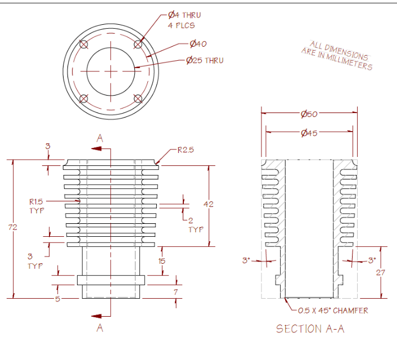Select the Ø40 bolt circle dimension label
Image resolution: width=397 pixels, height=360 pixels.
pos(198,44)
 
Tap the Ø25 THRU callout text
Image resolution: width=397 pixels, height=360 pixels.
pos(205,60)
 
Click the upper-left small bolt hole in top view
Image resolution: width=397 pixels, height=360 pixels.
pos(84,44)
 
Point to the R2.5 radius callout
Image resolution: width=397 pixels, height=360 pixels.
pos(186,150)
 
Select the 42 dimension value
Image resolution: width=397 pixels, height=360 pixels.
pos(208,204)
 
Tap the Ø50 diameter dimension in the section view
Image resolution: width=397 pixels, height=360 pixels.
pos(309,114)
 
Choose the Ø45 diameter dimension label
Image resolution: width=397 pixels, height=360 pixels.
pos(309,133)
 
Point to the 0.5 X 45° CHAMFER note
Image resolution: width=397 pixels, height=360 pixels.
pos(333,310)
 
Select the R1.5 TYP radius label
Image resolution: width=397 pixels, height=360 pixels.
pos(37,205)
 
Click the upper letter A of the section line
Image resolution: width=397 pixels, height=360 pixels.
pos(100,138)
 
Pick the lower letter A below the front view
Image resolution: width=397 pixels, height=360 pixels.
pos(100,327)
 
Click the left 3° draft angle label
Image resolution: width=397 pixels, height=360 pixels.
pos(246,260)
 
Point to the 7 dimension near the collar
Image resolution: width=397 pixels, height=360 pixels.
pos(175,292)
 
